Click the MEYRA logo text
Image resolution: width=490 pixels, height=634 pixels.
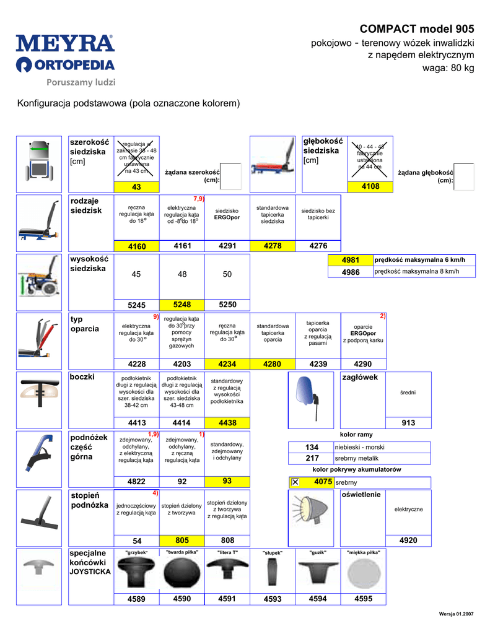[65, 43]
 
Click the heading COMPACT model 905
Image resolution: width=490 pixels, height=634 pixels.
[417, 29]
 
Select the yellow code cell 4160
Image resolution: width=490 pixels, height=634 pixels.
[137, 246]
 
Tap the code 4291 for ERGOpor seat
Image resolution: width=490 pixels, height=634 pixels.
[227, 246]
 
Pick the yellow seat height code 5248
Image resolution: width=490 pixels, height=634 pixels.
[182, 305]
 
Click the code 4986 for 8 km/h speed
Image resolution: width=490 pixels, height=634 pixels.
[351, 271]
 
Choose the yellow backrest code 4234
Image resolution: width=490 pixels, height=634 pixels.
[227, 364]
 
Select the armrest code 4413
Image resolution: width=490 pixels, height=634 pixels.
[137, 423]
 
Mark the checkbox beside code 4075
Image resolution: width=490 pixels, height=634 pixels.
[295, 482]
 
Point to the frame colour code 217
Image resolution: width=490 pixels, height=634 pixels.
[312, 458]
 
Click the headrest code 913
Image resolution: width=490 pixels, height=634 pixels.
[408, 423]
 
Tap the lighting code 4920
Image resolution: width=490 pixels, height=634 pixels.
[408, 541]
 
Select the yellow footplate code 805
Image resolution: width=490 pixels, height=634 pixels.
[182, 541]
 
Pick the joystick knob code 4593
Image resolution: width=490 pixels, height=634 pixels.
[273, 599]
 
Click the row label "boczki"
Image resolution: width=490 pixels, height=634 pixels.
[83, 377]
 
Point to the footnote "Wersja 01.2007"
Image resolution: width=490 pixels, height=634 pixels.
[456, 613]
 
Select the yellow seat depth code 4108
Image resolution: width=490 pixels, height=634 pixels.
[370, 186]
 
